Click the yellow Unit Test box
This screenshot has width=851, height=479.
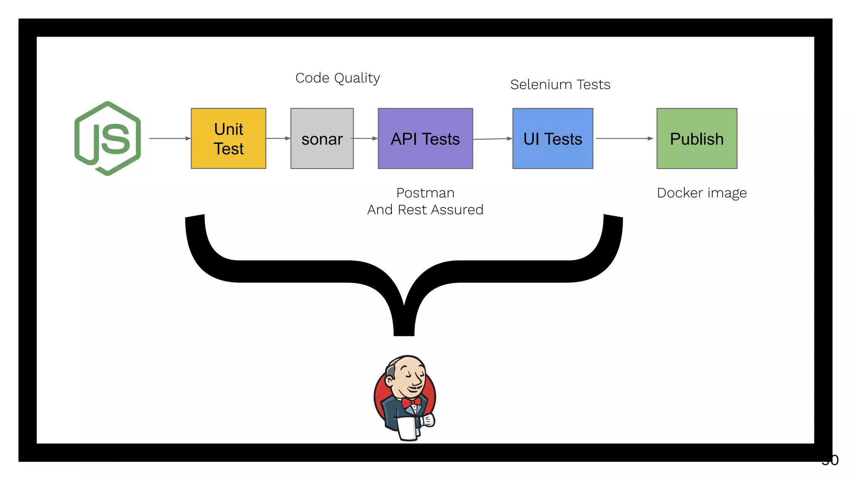(x=228, y=138)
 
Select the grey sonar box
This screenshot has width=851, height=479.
(x=322, y=138)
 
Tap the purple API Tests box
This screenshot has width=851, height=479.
(x=425, y=138)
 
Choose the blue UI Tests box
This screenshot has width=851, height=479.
(x=553, y=138)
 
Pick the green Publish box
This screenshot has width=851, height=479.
(x=697, y=138)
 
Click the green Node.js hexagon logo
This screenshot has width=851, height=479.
(x=108, y=138)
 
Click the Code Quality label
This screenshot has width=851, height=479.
(x=337, y=78)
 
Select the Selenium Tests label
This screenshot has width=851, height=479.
(x=560, y=84)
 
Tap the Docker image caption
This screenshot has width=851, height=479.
(x=702, y=193)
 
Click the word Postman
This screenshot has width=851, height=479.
(x=425, y=193)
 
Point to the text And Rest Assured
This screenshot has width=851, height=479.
(x=425, y=210)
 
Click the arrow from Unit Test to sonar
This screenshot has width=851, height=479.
(x=278, y=138)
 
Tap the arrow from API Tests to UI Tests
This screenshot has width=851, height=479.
(x=492, y=139)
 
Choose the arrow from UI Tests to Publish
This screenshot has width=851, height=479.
(x=625, y=138)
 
